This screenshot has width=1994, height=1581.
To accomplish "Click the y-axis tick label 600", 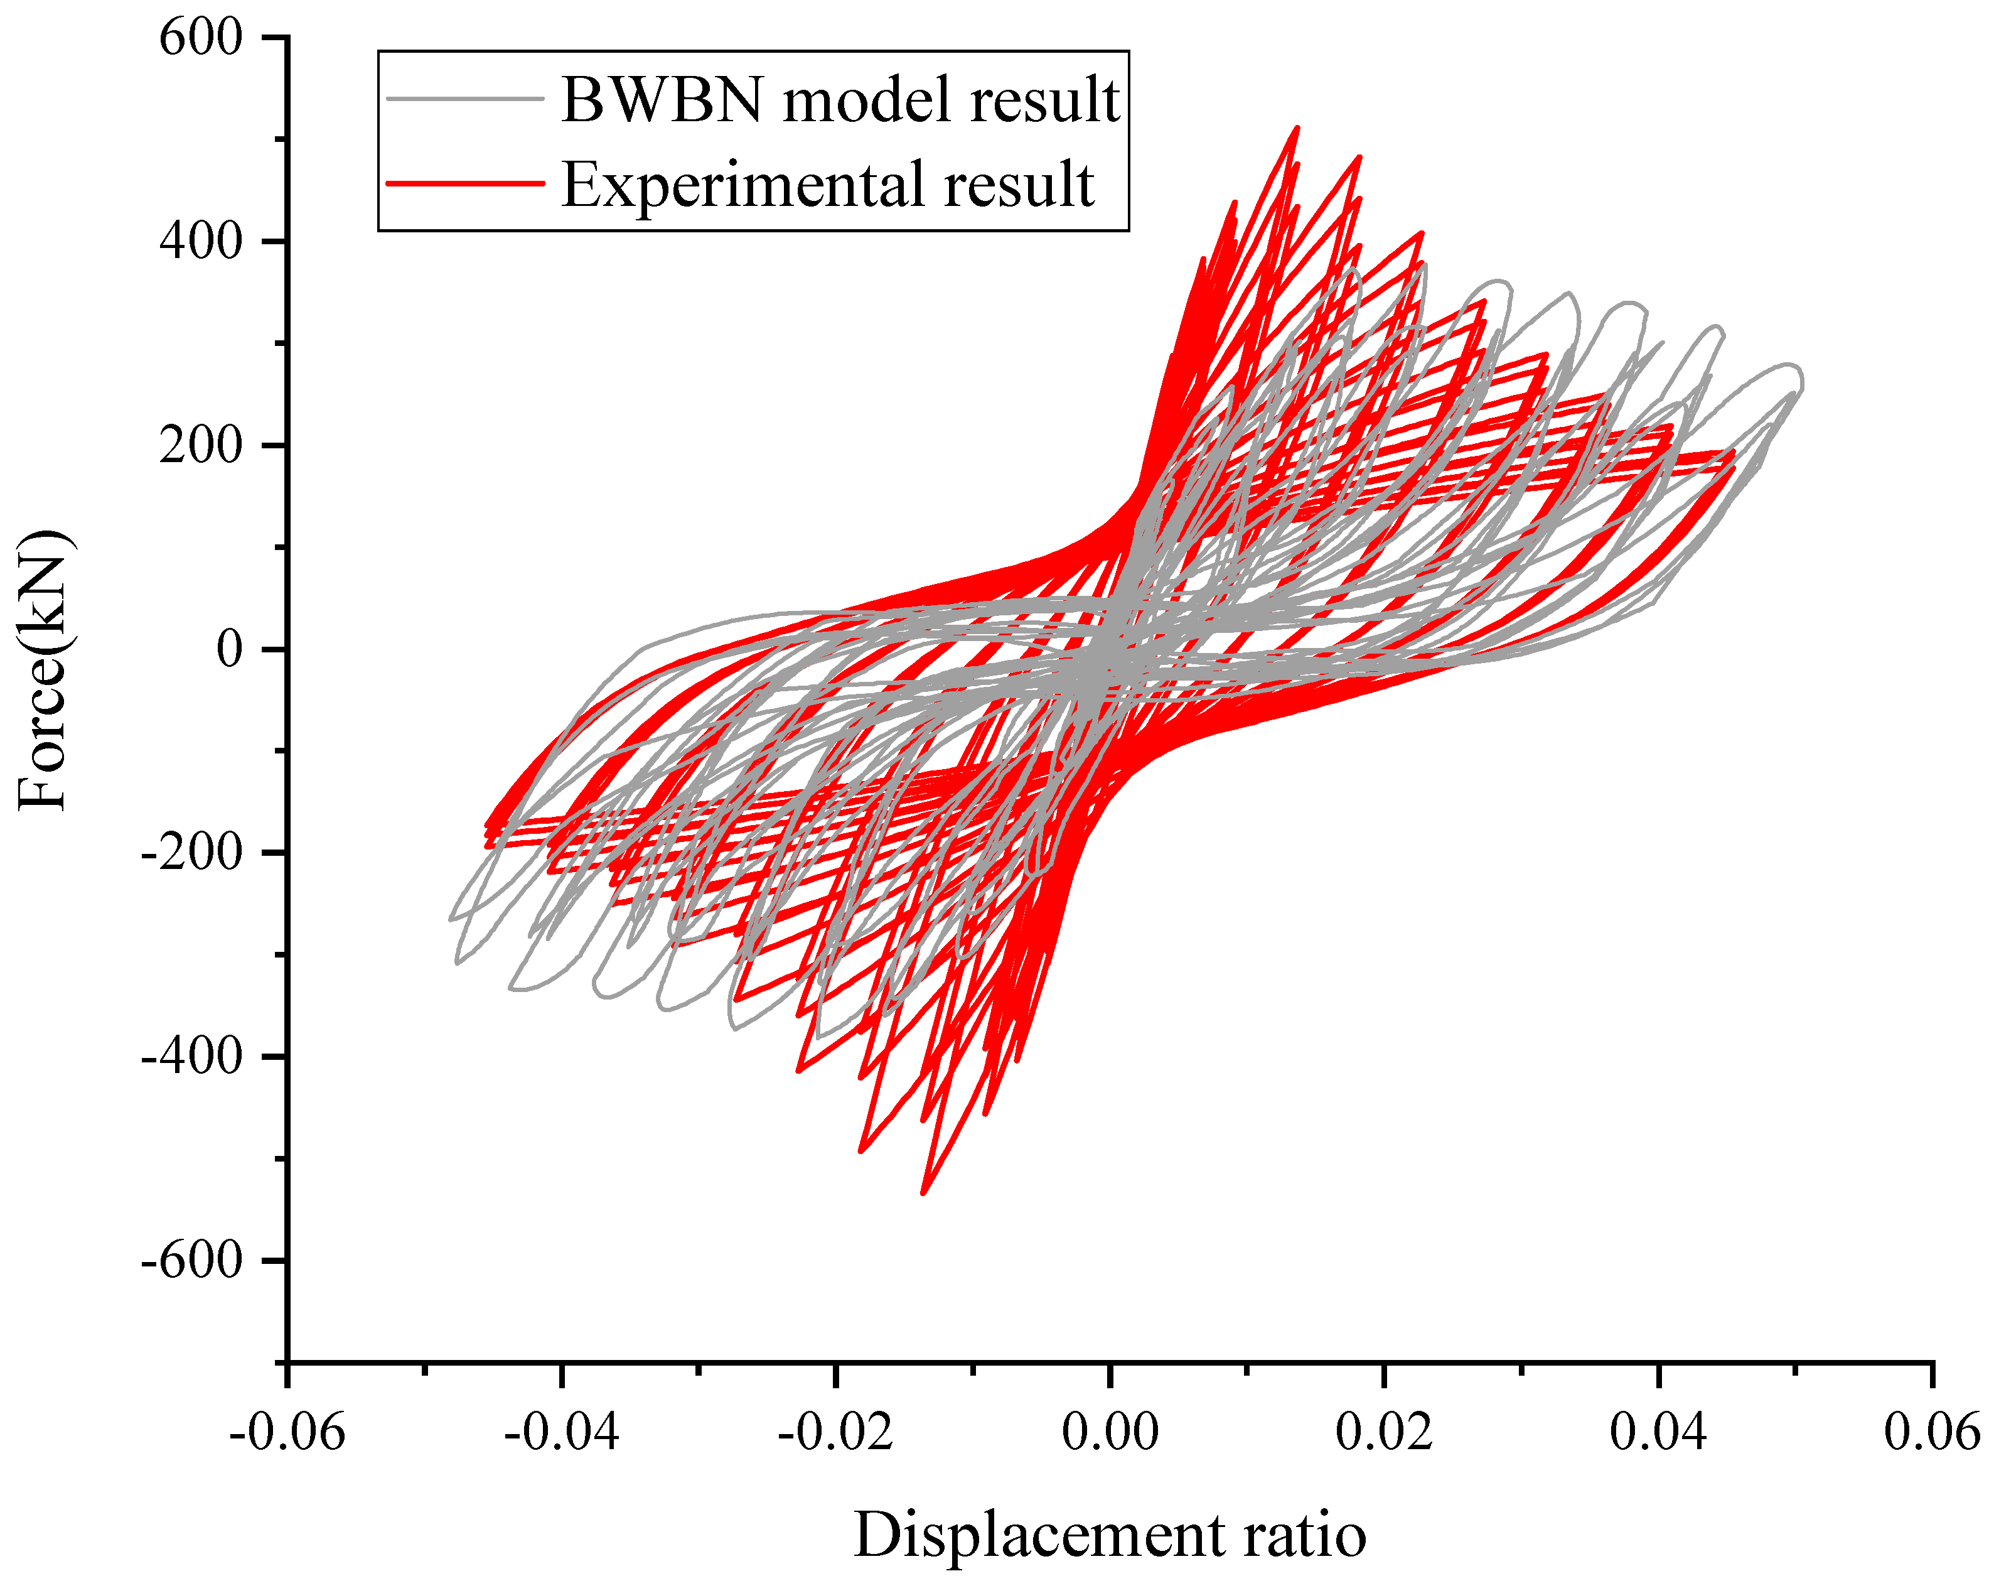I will pos(201,39).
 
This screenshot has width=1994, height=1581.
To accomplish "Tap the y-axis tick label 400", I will pos(201,242).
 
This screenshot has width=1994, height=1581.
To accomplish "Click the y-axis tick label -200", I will pos(191,853).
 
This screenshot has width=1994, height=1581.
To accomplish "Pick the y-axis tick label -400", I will pos(191,1057).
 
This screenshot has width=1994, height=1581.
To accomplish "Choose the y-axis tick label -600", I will pos(191,1260).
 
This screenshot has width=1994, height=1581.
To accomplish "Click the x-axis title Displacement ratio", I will pos(1110,1536).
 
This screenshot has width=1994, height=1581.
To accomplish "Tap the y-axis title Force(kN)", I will pos(43,670).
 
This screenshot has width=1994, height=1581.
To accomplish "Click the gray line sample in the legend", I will pos(464,98).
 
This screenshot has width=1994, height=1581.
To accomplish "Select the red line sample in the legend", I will pos(464,183).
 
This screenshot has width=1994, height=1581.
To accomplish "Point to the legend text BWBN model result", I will pos(840,98).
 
